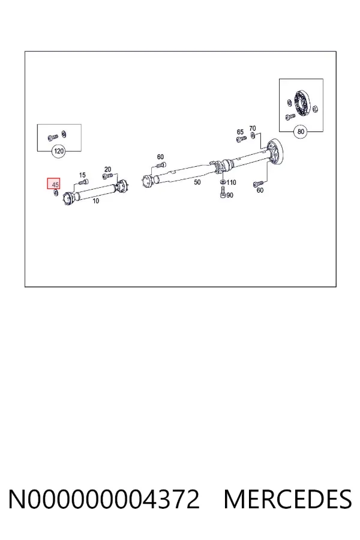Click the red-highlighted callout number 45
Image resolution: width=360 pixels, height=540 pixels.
tap(55, 185)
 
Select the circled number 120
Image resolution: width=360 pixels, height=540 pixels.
tap(59, 151)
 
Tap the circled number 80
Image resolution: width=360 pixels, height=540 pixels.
tap(301, 131)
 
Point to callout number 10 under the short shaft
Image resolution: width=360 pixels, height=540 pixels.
tap(96, 201)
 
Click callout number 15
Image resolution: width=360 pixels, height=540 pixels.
tap(82, 175)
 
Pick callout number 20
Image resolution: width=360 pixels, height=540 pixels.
tap(107, 169)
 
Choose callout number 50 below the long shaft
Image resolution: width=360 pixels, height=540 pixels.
tap(197, 182)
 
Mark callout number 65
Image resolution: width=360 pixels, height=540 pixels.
tap(240, 132)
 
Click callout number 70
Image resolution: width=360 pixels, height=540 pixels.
tap(253, 128)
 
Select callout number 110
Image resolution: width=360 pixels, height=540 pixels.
tap(231, 182)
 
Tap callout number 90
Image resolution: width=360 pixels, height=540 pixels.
tap(230, 195)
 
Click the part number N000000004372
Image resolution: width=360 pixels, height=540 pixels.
tap(104, 499)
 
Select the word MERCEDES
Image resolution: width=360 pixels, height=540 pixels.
tap(287, 499)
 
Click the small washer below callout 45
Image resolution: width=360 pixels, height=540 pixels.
tap(55, 193)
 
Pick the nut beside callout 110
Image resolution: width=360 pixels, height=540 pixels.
tap(223, 182)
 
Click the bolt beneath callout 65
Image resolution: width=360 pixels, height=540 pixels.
tap(241, 139)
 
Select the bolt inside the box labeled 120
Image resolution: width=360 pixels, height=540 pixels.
tap(52, 138)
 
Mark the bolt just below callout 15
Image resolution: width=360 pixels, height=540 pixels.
tap(83, 181)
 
